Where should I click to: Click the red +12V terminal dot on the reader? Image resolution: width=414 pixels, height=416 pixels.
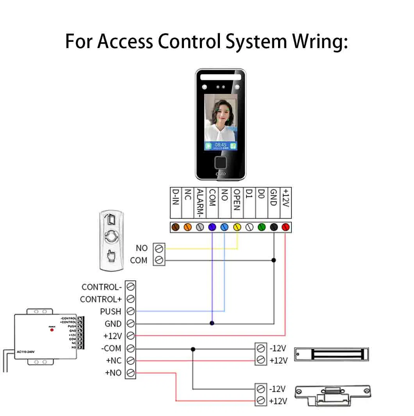[286, 227]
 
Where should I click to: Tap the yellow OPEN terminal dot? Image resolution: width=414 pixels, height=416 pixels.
[237, 227]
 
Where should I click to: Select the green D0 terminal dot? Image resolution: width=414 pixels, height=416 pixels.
[261, 227]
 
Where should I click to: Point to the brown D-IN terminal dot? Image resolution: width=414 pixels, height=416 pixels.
[176, 227]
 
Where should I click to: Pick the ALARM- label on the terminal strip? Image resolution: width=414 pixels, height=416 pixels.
[200, 202]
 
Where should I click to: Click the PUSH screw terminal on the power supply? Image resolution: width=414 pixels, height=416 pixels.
[130, 311]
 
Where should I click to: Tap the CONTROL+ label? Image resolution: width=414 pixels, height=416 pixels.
[101, 299]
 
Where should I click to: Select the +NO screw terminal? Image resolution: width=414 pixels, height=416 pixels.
[130, 373]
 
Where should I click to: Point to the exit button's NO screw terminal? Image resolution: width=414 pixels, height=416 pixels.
[159, 248]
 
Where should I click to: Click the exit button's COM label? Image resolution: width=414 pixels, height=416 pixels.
[139, 260]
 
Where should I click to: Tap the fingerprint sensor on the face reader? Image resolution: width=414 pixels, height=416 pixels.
[221, 162]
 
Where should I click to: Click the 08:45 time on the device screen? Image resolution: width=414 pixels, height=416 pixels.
[221, 145]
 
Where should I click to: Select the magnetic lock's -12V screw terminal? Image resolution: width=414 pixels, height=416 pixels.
[261, 348]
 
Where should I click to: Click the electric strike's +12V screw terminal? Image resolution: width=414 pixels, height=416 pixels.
[261, 401]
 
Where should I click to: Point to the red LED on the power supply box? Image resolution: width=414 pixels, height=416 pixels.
[52, 330]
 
